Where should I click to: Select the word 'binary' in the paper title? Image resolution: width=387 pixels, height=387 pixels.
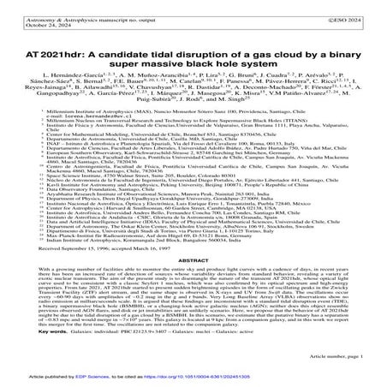[324, 47]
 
